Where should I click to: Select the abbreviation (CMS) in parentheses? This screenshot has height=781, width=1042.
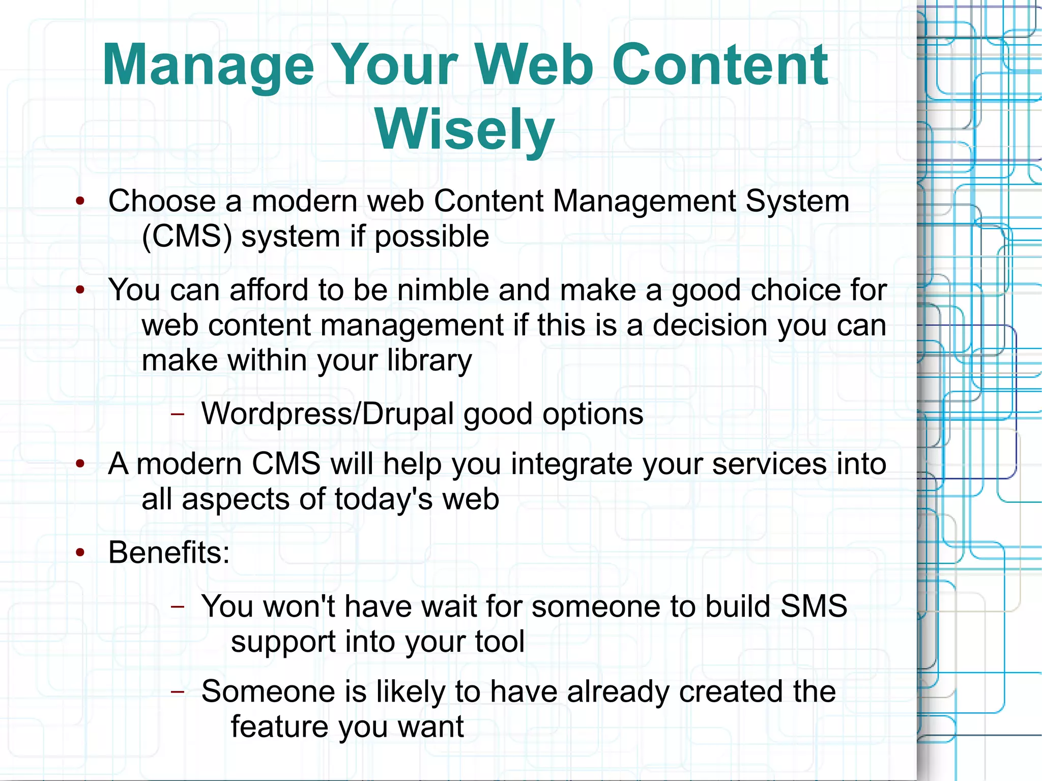[x=187, y=237]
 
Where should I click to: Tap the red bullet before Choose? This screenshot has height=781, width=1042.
[x=80, y=201]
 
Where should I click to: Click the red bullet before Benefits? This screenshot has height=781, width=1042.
[x=80, y=553]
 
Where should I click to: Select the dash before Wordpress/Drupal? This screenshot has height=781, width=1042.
[x=177, y=414]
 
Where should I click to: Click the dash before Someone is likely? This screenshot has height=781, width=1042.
[x=177, y=691]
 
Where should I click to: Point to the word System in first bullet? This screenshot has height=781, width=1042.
[x=797, y=201]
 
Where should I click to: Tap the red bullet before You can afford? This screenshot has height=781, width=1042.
[x=80, y=291]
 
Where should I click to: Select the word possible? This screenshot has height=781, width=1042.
[x=431, y=237]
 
